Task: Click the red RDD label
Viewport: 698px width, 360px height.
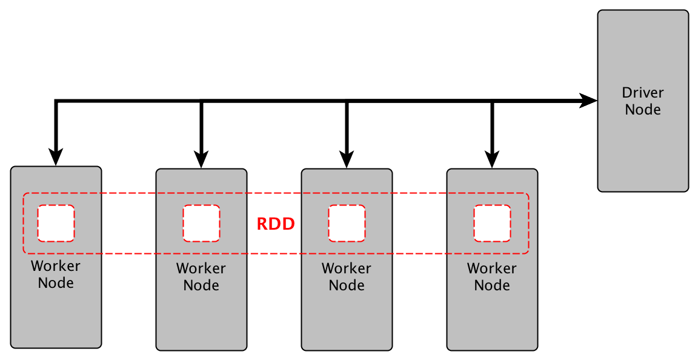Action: click(x=276, y=224)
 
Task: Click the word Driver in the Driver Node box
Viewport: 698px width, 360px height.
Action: click(x=643, y=93)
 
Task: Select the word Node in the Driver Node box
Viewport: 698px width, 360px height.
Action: click(x=643, y=110)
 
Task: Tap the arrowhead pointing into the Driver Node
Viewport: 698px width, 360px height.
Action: click(x=588, y=101)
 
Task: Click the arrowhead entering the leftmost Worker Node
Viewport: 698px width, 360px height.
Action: click(x=56, y=156)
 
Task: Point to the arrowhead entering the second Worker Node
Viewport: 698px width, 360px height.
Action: click(x=201, y=159)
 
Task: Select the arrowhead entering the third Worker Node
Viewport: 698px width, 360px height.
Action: click(x=347, y=159)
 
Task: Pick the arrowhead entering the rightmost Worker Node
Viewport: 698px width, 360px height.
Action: click(x=492, y=159)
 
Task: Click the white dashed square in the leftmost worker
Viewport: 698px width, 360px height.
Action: click(x=56, y=223)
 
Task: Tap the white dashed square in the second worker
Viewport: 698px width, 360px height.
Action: click(x=202, y=223)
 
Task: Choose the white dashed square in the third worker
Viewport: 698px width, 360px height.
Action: click(x=347, y=223)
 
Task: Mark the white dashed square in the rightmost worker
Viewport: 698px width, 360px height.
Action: click(x=493, y=223)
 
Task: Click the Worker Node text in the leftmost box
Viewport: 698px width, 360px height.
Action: click(x=56, y=275)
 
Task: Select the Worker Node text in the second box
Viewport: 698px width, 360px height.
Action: click(x=201, y=277)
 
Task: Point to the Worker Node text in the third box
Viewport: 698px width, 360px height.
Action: click(x=347, y=277)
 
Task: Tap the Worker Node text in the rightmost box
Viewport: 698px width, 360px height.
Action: click(x=492, y=277)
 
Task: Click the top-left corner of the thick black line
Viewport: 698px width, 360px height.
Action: click(x=56, y=101)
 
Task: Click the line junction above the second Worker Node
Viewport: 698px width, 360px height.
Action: click(x=201, y=101)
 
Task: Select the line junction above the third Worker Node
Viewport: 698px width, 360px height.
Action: click(x=347, y=101)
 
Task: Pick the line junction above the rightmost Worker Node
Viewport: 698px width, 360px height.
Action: click(x=492, y=101)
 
